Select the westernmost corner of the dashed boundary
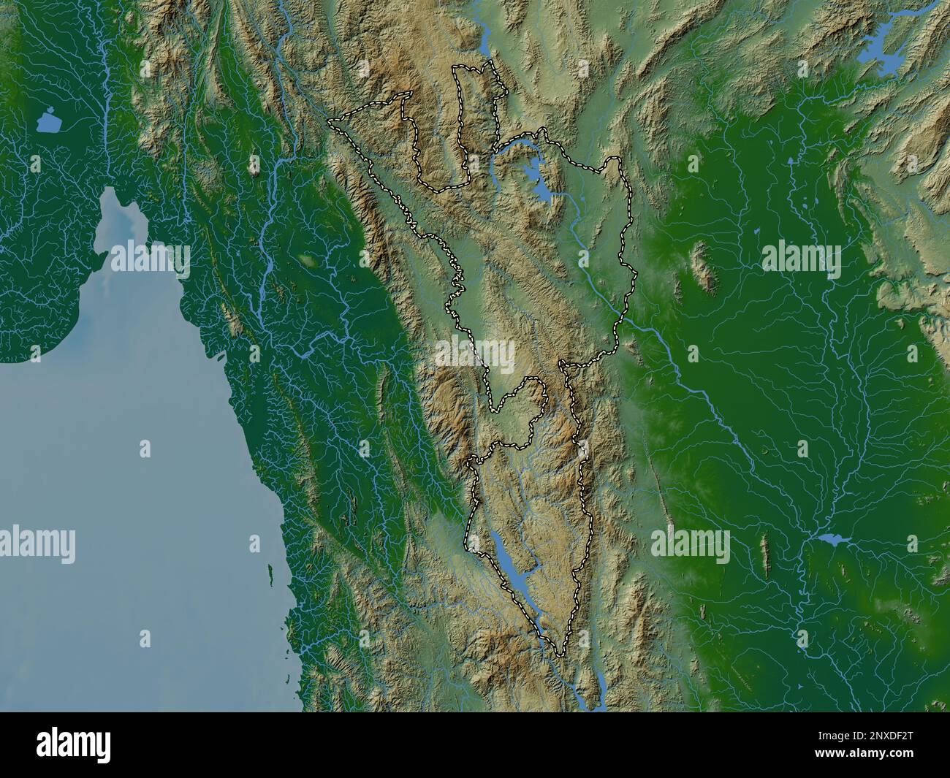pyautogui.click(x=329, y=119)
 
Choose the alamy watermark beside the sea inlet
pyautogui.click(x=151, y=257)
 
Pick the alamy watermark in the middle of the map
pyautogui.click(x=476, y=355)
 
